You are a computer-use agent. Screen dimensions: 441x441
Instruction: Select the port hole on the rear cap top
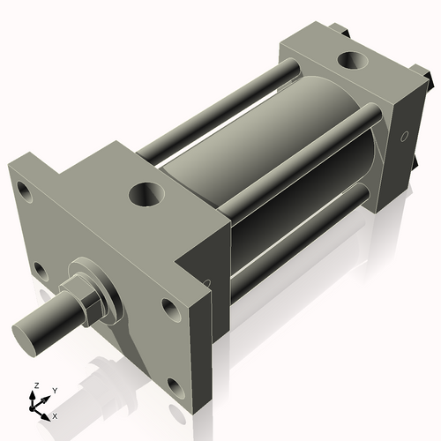pos(354,61)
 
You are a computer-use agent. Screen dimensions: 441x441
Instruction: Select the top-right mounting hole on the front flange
pos(168,309)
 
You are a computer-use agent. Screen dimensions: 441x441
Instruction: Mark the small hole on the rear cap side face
pos(405,137)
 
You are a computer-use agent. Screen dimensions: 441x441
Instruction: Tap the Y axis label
pos(54,390)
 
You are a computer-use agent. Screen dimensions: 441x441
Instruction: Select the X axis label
pos(55,415)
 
